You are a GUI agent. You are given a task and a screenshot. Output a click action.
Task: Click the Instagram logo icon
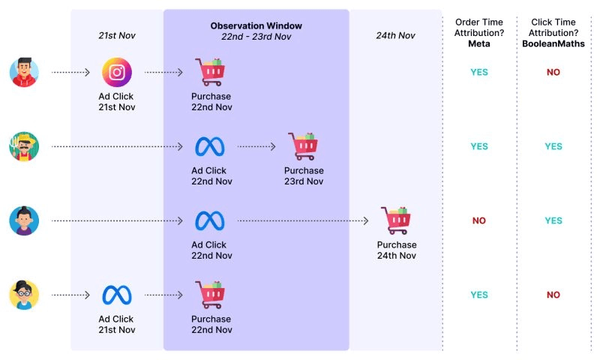tap(116, 73)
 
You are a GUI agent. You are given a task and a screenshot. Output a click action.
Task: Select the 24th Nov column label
tap(395, 35)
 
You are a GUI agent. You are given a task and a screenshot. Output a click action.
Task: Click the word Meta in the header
tap(478, 44)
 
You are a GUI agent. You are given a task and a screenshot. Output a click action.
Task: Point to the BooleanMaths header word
tap(553, 44)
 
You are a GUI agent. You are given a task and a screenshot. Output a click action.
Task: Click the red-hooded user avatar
tap(24, 73)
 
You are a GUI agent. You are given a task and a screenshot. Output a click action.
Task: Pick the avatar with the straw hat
tap(24, 146)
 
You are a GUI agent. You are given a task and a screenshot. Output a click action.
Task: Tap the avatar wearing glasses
tap(24, 295)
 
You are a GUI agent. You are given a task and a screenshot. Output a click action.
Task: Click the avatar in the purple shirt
tap(24, 220)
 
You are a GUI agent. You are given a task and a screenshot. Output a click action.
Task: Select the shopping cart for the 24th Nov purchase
tap(395, 220)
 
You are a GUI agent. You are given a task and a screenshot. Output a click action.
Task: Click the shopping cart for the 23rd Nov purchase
tap(303, 146)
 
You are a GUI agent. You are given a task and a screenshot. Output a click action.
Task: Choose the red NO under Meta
tap(479, 220)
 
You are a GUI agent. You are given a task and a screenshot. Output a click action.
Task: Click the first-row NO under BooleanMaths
tap(553, 73)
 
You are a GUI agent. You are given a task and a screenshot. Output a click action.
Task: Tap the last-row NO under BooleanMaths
tap(553, 295)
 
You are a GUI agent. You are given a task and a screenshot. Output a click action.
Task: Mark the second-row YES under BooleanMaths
tap(553, 146)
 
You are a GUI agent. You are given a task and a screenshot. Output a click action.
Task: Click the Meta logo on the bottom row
tap(117, 295)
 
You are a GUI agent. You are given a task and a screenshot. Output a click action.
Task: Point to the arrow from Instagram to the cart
tap(163, 73)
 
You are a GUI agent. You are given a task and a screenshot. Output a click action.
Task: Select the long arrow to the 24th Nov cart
tap(303, 220)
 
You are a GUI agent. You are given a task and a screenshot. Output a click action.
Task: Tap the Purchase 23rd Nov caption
tap(303, 175)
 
